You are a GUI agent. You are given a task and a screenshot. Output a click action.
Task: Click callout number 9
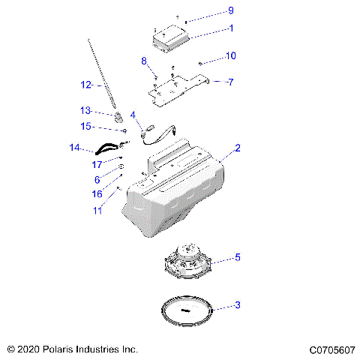pyautogui.click(x=231, y=10)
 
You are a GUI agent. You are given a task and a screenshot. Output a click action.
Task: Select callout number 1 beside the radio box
pyautogui.click(x=231, y=29)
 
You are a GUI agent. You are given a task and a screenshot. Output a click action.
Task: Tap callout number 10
pyautogui.click(x=231, y=55)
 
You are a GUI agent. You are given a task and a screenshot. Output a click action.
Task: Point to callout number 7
pyautogui.click(x=231, y=81)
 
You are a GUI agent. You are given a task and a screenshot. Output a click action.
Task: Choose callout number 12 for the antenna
pyautogui.click(x=85, y=84)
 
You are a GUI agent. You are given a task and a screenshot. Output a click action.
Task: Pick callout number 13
pyautogui.click(x=85, y=109)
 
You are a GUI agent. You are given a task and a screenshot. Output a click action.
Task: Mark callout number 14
pyautogui.click(x=73, y=148)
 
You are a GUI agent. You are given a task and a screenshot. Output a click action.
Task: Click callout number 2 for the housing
pyautogui.click(x=237, y=149)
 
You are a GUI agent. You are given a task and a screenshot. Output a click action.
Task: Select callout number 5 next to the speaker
pyautogui.click(x=237, y=258)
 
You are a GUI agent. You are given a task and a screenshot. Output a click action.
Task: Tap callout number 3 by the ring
pyautogui.click(x=237, y=305)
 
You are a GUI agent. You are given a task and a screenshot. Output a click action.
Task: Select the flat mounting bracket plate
pyautogui.click(x=177, y=87)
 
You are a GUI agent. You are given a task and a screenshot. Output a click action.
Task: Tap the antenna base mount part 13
pyautogui.click(x=118, y=117)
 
